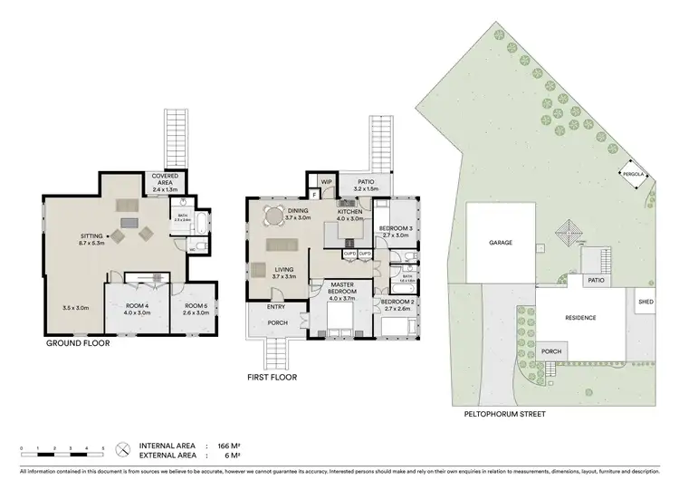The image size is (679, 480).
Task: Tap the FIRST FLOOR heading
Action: (272, 377)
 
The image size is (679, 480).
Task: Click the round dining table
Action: (273, 216)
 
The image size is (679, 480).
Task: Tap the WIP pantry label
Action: (325, 181)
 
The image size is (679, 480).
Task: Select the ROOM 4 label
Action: (136, 306)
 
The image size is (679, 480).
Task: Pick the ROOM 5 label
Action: (196, 306)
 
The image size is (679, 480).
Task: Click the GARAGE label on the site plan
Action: (501, 243)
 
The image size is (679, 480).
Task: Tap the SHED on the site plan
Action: (646, 302)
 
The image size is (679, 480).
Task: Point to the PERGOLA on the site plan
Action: (632, 174)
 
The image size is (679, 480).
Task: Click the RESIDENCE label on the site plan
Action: (579, 318)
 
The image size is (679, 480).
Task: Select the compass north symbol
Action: (121, 447)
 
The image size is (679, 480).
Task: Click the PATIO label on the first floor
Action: (367, 181)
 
